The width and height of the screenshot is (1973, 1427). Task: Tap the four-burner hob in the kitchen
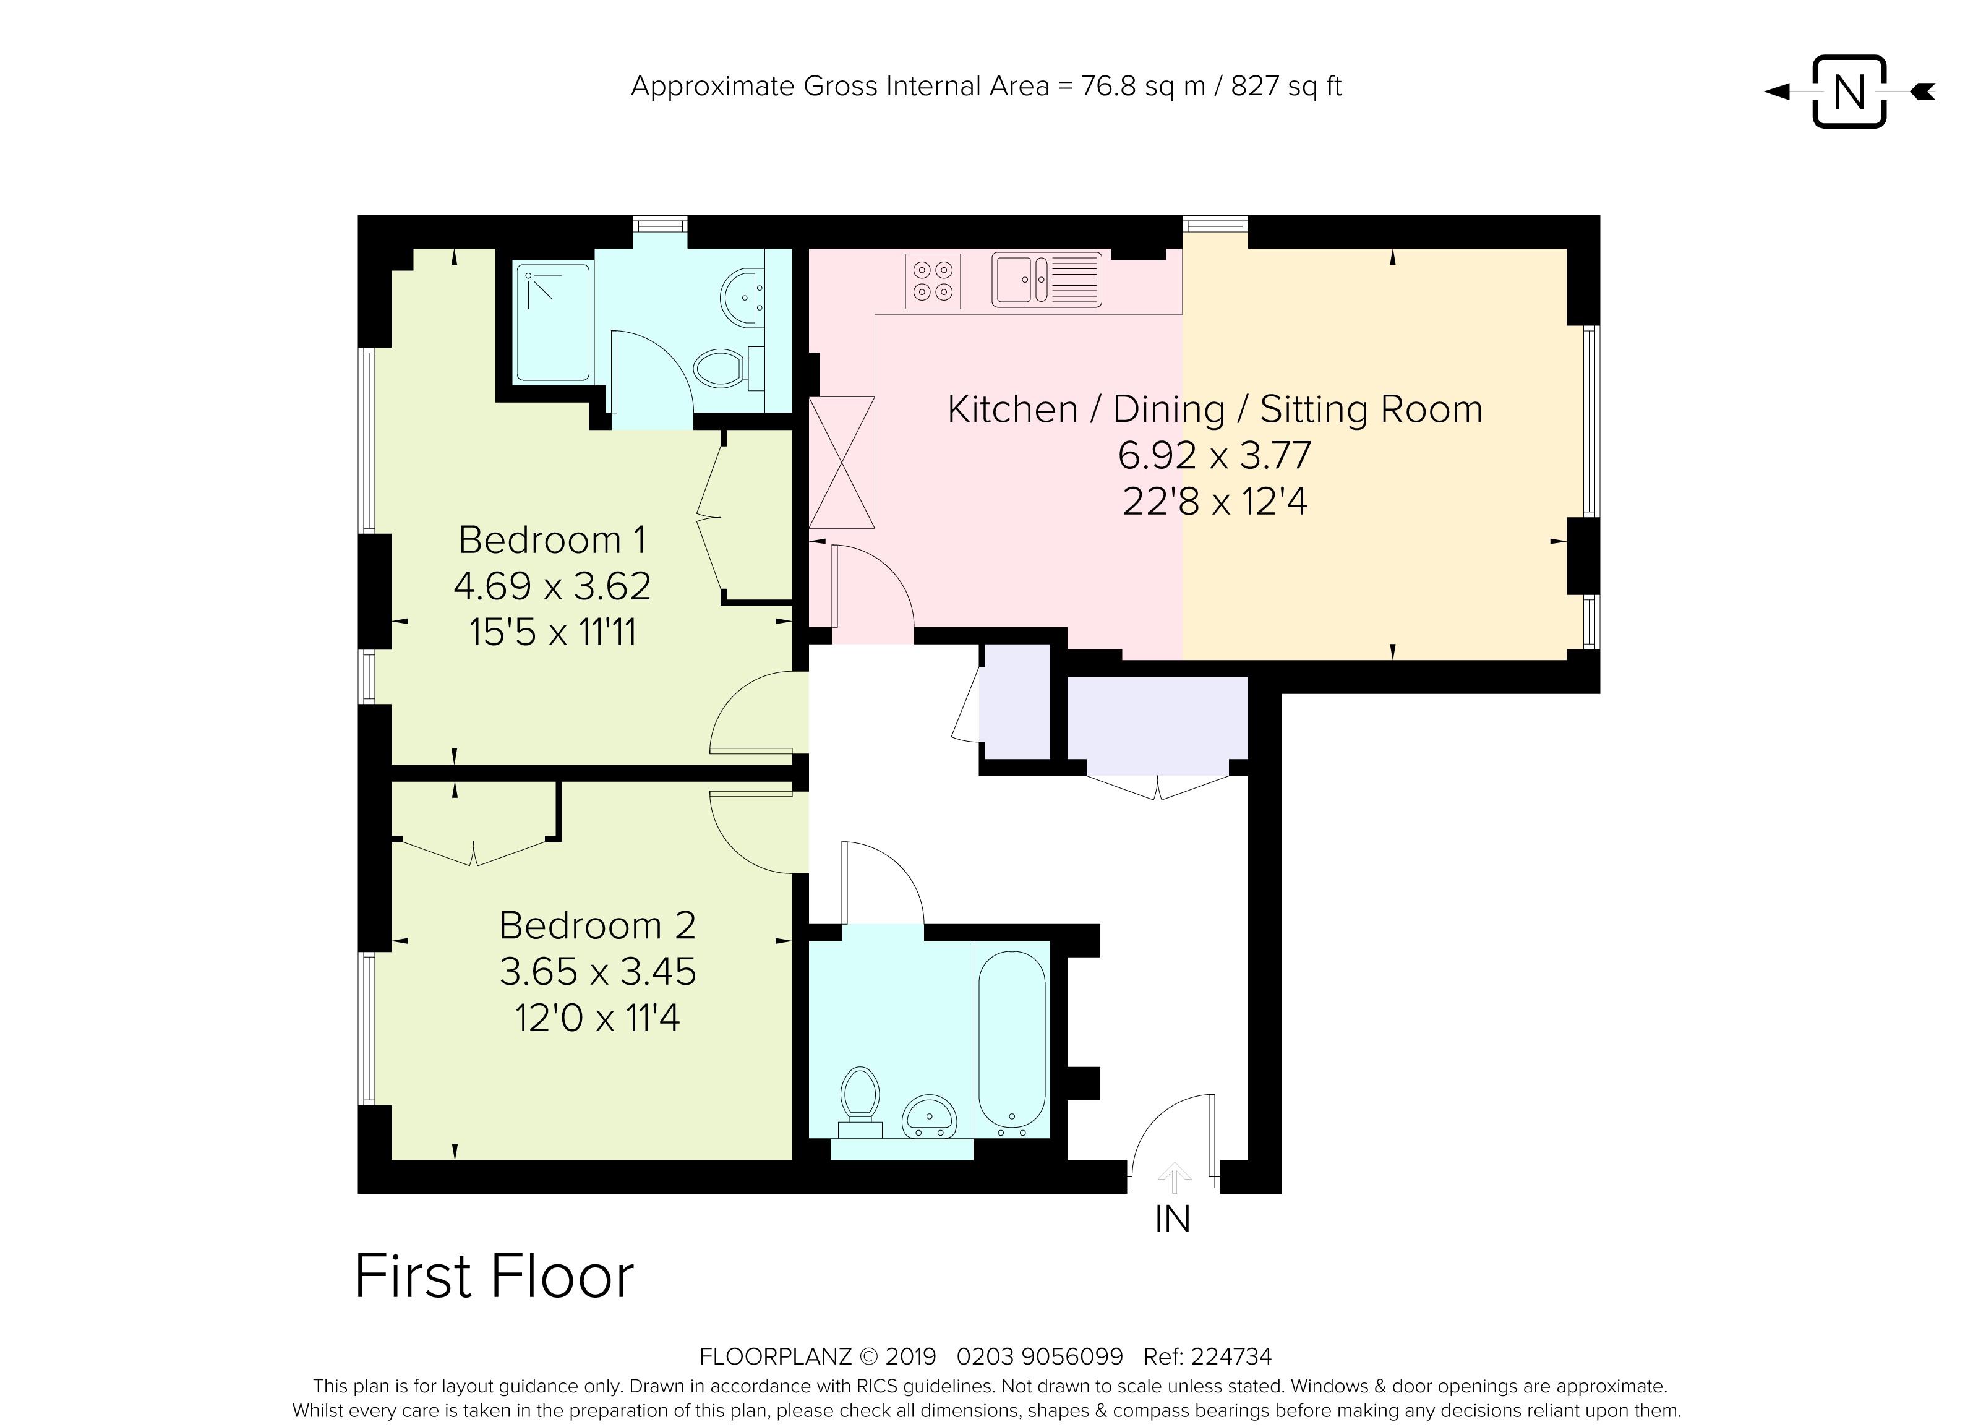(x=933, y=281)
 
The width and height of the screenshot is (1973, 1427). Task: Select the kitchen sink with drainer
(x=1046, y=280)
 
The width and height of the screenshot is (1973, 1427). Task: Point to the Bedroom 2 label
(x=597, y=926)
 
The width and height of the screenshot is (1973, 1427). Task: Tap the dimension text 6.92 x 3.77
(x=1215, y=455)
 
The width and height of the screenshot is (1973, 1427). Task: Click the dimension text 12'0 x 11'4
(x=597, y=1017)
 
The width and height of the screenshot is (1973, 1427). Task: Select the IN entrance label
(x=1173, y=1220)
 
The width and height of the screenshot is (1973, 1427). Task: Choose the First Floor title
(x=494, y=1277)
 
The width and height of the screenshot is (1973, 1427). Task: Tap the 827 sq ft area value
(x=1286, y=86)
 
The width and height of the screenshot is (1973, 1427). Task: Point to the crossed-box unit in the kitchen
(x=841, y=463)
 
